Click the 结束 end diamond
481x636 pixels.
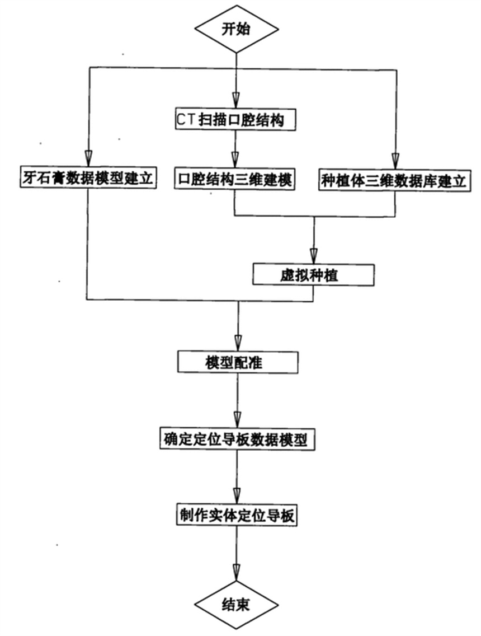tap(236, 605)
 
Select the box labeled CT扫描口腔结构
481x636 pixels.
tap(233, 119)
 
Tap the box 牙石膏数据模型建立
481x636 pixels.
tap(87, 179)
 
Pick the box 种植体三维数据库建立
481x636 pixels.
tap(394, 180)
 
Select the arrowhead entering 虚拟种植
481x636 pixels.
tap(313, 255)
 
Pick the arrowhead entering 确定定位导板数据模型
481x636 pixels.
tap(237, 421)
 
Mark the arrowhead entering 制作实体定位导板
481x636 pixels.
tap(237, 497)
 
